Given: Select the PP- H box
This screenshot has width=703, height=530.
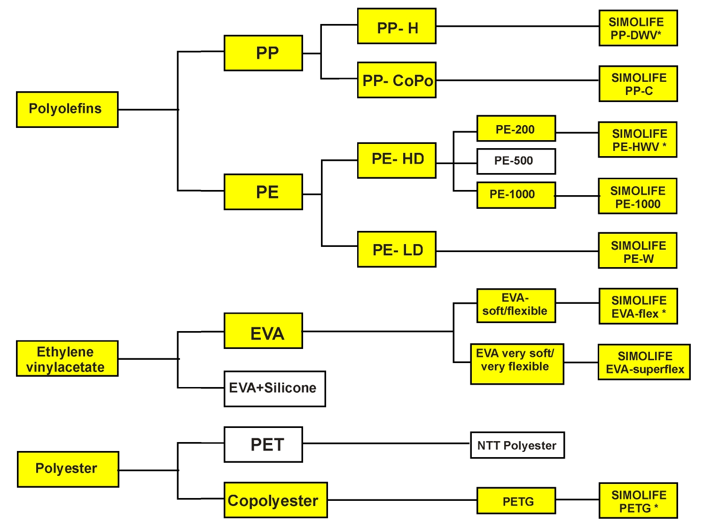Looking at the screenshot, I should [397, 26].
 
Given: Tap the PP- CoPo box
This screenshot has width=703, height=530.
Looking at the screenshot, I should [397, 80].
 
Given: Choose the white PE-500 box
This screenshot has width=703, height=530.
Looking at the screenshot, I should [516, 161].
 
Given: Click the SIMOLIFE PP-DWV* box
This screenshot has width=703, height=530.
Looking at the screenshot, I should [638, 28].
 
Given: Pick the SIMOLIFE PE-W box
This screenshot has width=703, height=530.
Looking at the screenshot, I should [637, 251].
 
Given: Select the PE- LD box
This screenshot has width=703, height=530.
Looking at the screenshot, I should [397, 249].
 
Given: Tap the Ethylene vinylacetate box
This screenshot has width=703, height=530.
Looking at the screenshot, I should [67, 359].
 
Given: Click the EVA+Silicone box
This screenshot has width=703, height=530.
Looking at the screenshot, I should [274, 388].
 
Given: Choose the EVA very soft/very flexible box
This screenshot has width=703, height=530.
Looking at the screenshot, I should [517, 364].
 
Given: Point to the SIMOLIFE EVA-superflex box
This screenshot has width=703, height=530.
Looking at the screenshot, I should [644, 362].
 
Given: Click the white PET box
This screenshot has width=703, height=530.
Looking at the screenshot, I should [263, 444].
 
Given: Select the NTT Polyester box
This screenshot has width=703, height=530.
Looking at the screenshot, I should [517, 445].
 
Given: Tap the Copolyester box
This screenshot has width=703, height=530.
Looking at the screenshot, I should [275, 500].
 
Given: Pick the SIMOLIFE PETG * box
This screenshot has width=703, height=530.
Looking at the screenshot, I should [638, 500].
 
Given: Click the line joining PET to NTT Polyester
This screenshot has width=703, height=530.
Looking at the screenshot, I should [385, 443].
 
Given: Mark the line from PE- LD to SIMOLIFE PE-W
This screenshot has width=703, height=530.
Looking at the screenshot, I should [517, 251].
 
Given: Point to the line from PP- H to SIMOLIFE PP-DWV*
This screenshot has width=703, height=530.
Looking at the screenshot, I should [517, 26].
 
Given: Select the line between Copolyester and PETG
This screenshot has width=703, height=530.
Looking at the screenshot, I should [402, 500].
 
